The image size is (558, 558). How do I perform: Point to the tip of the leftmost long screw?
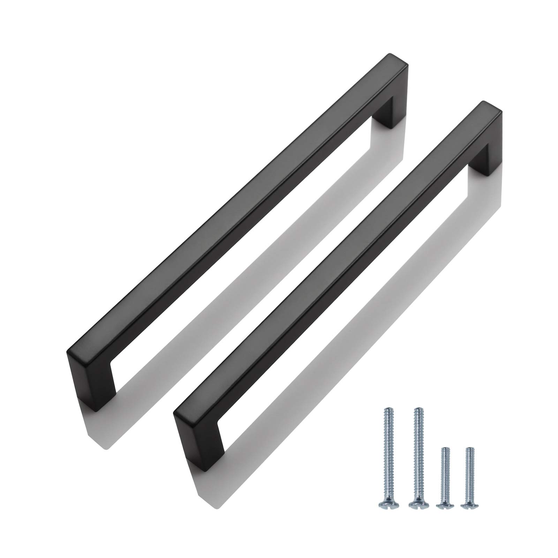pos(386,409)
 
